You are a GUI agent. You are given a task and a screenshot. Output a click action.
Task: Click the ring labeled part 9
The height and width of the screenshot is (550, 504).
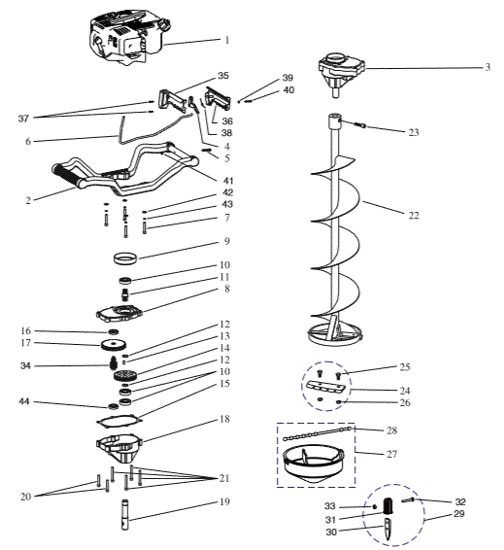tap(125, 258)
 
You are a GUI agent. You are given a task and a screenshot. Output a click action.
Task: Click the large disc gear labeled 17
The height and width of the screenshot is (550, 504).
tap(114, 346)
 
